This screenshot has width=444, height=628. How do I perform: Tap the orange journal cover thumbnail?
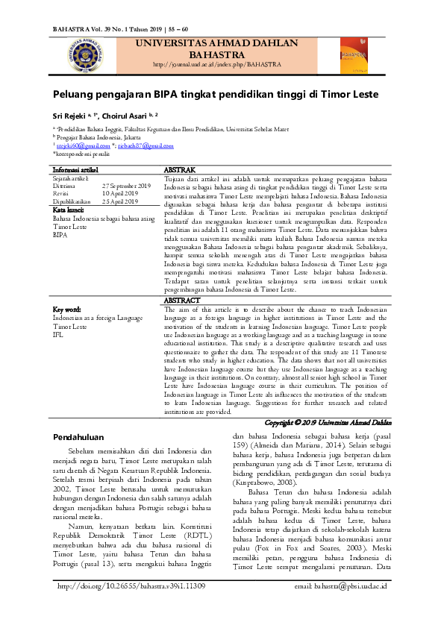(x=354, y=56)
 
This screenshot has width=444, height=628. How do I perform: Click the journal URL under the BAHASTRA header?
(x=216, y=65)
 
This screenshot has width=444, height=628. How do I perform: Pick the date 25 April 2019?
(x=121, y=201)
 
